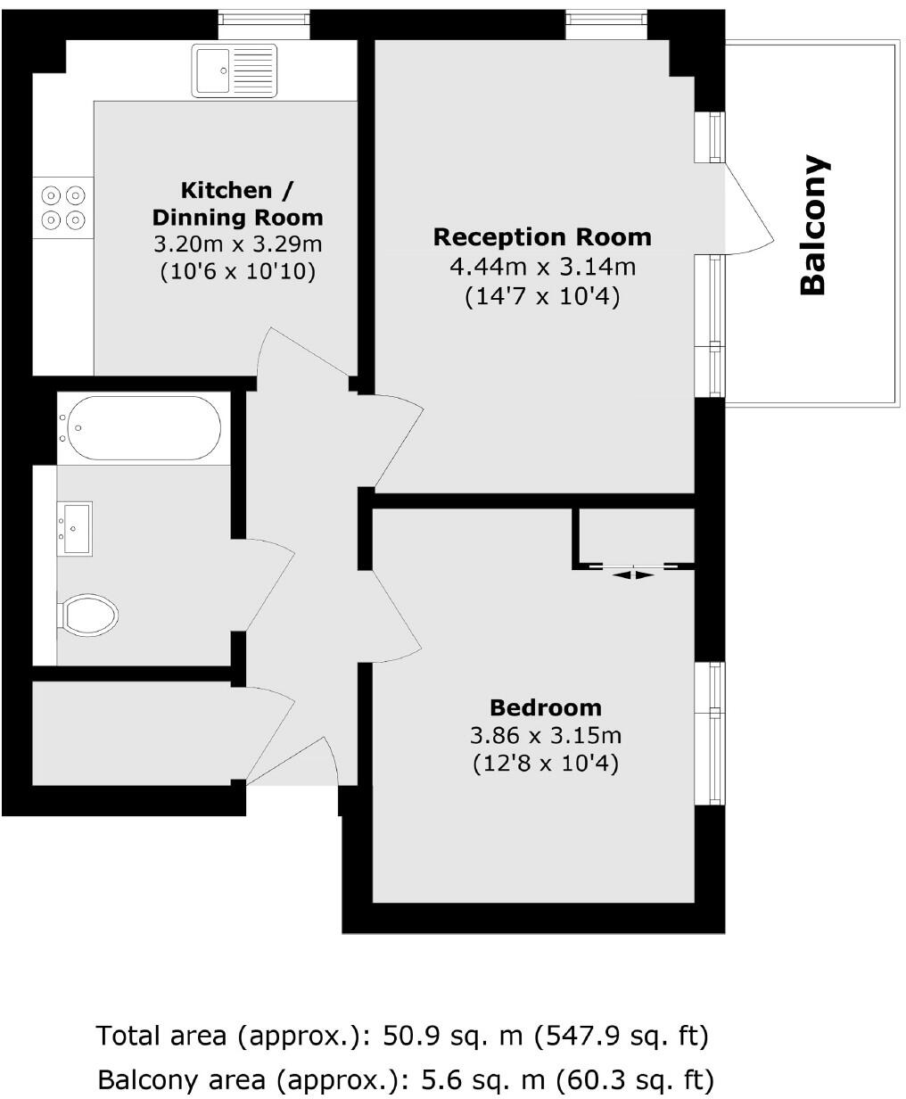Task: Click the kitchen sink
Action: (x=234, y=70)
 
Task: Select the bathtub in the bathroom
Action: (x=139, y=427)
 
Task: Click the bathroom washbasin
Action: (x=75, y=528)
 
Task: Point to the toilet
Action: (x=89, y=614)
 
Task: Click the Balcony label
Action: (x=813, y=225)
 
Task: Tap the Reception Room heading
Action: (x=542, y=237)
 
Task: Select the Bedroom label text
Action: (x=546, y=708)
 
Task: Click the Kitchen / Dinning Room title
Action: (x=237, y=203)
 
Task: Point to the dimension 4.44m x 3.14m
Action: (x=542, y=267)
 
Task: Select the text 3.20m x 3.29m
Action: (x=237, y=244)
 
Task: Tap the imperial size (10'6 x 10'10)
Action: (x=237, y=272)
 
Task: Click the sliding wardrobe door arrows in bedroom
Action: (x=633, y=574)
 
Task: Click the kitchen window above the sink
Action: (x=264, y=16)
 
